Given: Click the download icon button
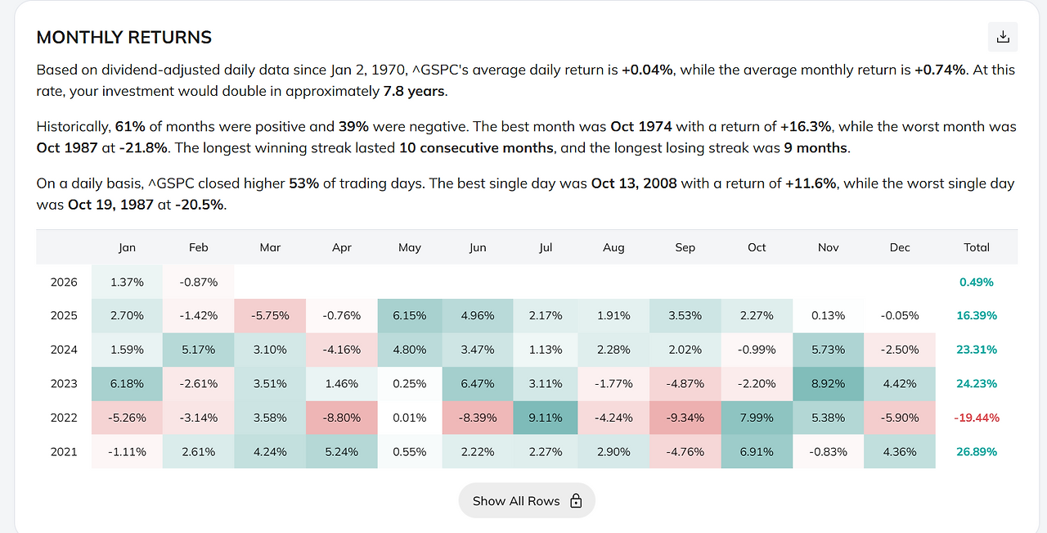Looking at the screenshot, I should (x=1003, y=37).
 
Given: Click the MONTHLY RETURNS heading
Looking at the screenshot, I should (x=124, y=38).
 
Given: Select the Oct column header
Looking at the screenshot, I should (x=757, y=247).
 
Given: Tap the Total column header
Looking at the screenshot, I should (x=977, y=247).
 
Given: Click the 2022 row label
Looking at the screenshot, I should (x=64, y=418).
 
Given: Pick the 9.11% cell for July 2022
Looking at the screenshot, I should (x=545, y=418).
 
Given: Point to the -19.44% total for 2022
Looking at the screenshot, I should (x=977, y=418).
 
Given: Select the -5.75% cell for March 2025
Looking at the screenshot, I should (x=270, y=315).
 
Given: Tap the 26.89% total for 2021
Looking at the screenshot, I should (x=977, y=451).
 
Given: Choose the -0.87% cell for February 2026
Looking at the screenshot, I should (x=198, y=282).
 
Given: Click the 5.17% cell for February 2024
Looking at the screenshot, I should (x=198, y=350).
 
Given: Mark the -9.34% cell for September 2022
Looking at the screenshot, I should (x=685, y=418).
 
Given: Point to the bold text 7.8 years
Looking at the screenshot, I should (x=414, y=91).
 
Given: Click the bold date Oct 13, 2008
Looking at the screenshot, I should (x=634, y=183).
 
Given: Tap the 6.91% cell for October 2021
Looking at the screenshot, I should (x=757, y=451).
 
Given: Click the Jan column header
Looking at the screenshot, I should (x=127, y=247).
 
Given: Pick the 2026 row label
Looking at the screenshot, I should (x=64, y=282).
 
